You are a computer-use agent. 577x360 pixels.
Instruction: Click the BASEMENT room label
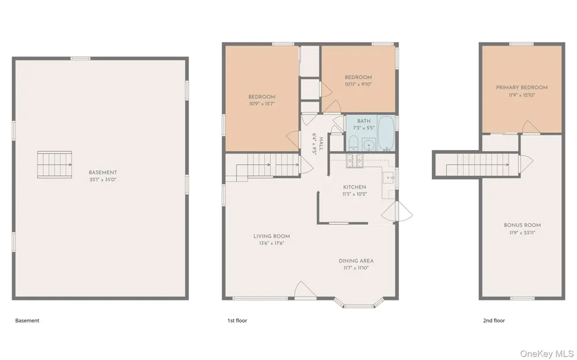(x=103, y=172)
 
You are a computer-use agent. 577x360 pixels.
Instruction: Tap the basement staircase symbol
(x=54, y=164)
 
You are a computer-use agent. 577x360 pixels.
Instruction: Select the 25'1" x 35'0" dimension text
(x=103, y=179)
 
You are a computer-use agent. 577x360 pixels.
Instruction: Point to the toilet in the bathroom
(x=353, y=143)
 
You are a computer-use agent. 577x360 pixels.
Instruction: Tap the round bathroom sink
(x=368, y=145)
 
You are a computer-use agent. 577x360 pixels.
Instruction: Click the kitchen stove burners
(x=354, y=160)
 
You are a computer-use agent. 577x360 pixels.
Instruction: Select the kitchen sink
(x=388, y=178)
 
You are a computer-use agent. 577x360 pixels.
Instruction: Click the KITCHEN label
(x=354, y=187)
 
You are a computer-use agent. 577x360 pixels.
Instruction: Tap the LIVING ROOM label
(x=272, y=237)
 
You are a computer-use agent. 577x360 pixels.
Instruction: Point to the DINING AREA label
(x=356, y=261)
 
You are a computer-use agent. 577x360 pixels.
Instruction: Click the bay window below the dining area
(x=359, y=303)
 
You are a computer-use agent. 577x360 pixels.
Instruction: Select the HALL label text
(x=321, y=144)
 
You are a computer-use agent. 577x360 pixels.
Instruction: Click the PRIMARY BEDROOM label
(x=522, y=88)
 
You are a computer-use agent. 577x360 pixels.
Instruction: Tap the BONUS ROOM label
(x=522, y=225)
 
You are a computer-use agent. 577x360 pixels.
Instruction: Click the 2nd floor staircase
(x=478, y=164)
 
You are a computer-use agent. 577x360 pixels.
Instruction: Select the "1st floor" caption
(x=237, y=321)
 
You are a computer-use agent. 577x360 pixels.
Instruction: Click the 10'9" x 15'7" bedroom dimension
(x=261, y=104)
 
